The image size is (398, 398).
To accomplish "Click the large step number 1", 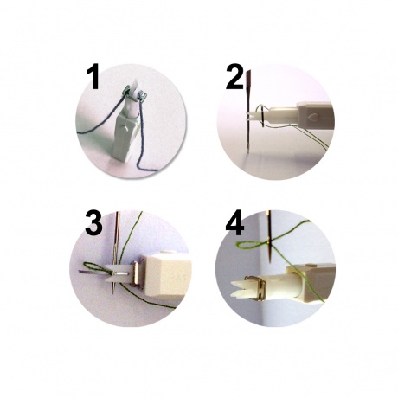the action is tap(93, 78).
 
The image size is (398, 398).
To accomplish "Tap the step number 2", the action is tap(234, 77).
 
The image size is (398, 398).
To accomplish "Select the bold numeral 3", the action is tap(93, 223).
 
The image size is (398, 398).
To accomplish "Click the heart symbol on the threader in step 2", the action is tap(311, 117).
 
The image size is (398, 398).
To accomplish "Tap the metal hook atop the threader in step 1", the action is tap(134, 93).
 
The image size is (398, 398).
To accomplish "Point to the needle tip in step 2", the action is tap(248, 149).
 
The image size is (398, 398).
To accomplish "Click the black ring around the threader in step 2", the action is tap(261, 116).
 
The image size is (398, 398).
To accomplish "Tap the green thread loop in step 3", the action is tap(95, 268).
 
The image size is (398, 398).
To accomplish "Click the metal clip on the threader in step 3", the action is tap(135, 273).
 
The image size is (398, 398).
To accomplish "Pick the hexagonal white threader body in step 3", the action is tap(166, 274).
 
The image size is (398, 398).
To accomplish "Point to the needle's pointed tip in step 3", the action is tap(113, 292).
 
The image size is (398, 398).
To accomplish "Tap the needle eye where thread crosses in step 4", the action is tap(269, 241).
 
